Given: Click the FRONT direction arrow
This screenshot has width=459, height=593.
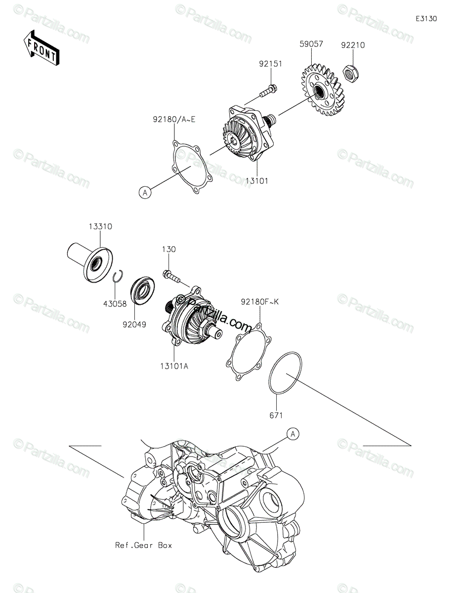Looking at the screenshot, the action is pos(41,47).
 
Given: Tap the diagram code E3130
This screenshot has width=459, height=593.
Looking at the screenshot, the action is pos(426,19).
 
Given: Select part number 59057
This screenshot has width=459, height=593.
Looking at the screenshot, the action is pos(311,44).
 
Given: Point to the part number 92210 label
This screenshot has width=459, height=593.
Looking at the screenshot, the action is pos(353,45).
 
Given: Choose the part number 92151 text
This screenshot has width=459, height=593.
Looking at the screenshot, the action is pos(270,64).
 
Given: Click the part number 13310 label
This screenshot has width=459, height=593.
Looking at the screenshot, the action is pos(100,227).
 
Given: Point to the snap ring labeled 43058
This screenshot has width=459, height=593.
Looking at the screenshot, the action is pos(117,278).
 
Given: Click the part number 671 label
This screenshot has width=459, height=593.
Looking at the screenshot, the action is pos(276,416).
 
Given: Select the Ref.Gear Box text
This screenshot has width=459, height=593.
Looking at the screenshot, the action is pos(143,546).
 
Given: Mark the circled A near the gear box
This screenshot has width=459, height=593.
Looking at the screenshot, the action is pos(293,434).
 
